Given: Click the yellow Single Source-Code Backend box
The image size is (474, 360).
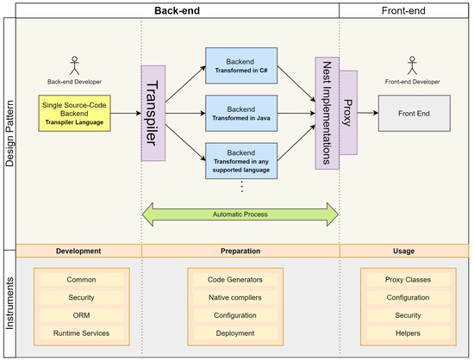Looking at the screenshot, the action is pyautogui.click(x=74, y=114).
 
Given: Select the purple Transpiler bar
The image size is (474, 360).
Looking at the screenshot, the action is pyautogui.click(x=153, y=114).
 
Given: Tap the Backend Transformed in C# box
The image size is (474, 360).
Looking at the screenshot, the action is pyautogui.click(x=241, y=65).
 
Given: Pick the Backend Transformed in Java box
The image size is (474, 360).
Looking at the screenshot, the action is pyautogui.click(x=241, y=114).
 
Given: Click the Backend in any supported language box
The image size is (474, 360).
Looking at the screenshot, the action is pyautogui.click(x=241, y=161).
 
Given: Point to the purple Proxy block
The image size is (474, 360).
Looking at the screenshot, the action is pyautogui.click(x=348, y=113).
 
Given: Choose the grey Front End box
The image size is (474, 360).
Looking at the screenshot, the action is pyautogui.click(x=415, y=114).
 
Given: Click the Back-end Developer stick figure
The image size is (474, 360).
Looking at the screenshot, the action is pyautogui.click(x=74, y=65).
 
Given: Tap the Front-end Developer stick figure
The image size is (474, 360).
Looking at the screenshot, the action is pyautogui.click(x=412, y=65).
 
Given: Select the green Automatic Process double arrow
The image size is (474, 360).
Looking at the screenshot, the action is pyautogui.click(x=240, y=214).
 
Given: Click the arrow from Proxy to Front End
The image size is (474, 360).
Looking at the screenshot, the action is pyautogui.click(x=368, y=113).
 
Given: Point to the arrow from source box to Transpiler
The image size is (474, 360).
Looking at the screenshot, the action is pyautogui.click(x=126, y=114).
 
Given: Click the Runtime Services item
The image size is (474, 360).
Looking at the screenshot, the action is pyautogui.click(x=82, y=333).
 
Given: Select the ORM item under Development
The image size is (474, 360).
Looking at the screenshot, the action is pyautogui.click(x=82, y=315).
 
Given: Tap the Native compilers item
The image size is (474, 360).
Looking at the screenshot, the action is pyautogui.click(x=235, y=297).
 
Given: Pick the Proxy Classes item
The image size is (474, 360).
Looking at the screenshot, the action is pyautogui.click(x=409, y=280).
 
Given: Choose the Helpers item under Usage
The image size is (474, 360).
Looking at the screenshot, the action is pyautogui.click(x=409, y=333).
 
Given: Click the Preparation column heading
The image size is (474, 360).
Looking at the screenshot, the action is pyautogui.click(x=240, y=251).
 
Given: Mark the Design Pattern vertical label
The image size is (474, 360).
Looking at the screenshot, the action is pyautogui.click(x=9, y=133).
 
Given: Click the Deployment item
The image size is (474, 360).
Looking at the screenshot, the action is pyautogui.click(x=235, y=333).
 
